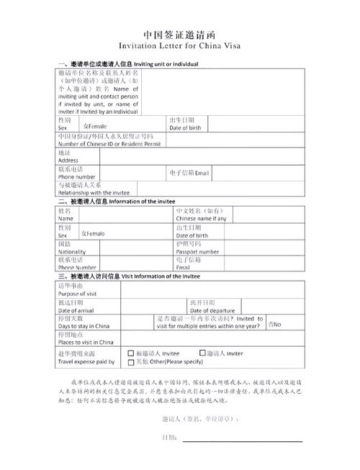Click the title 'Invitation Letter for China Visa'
179,45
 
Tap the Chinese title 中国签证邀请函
179,34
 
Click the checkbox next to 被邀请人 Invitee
130,353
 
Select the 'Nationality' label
74,252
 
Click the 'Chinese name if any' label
201,218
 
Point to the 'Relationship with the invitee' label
94,193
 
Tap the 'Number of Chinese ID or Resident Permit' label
109,143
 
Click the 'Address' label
68,160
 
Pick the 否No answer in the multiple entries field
275,325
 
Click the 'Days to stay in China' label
84,326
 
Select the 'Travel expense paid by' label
86,361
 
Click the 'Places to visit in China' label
86,342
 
